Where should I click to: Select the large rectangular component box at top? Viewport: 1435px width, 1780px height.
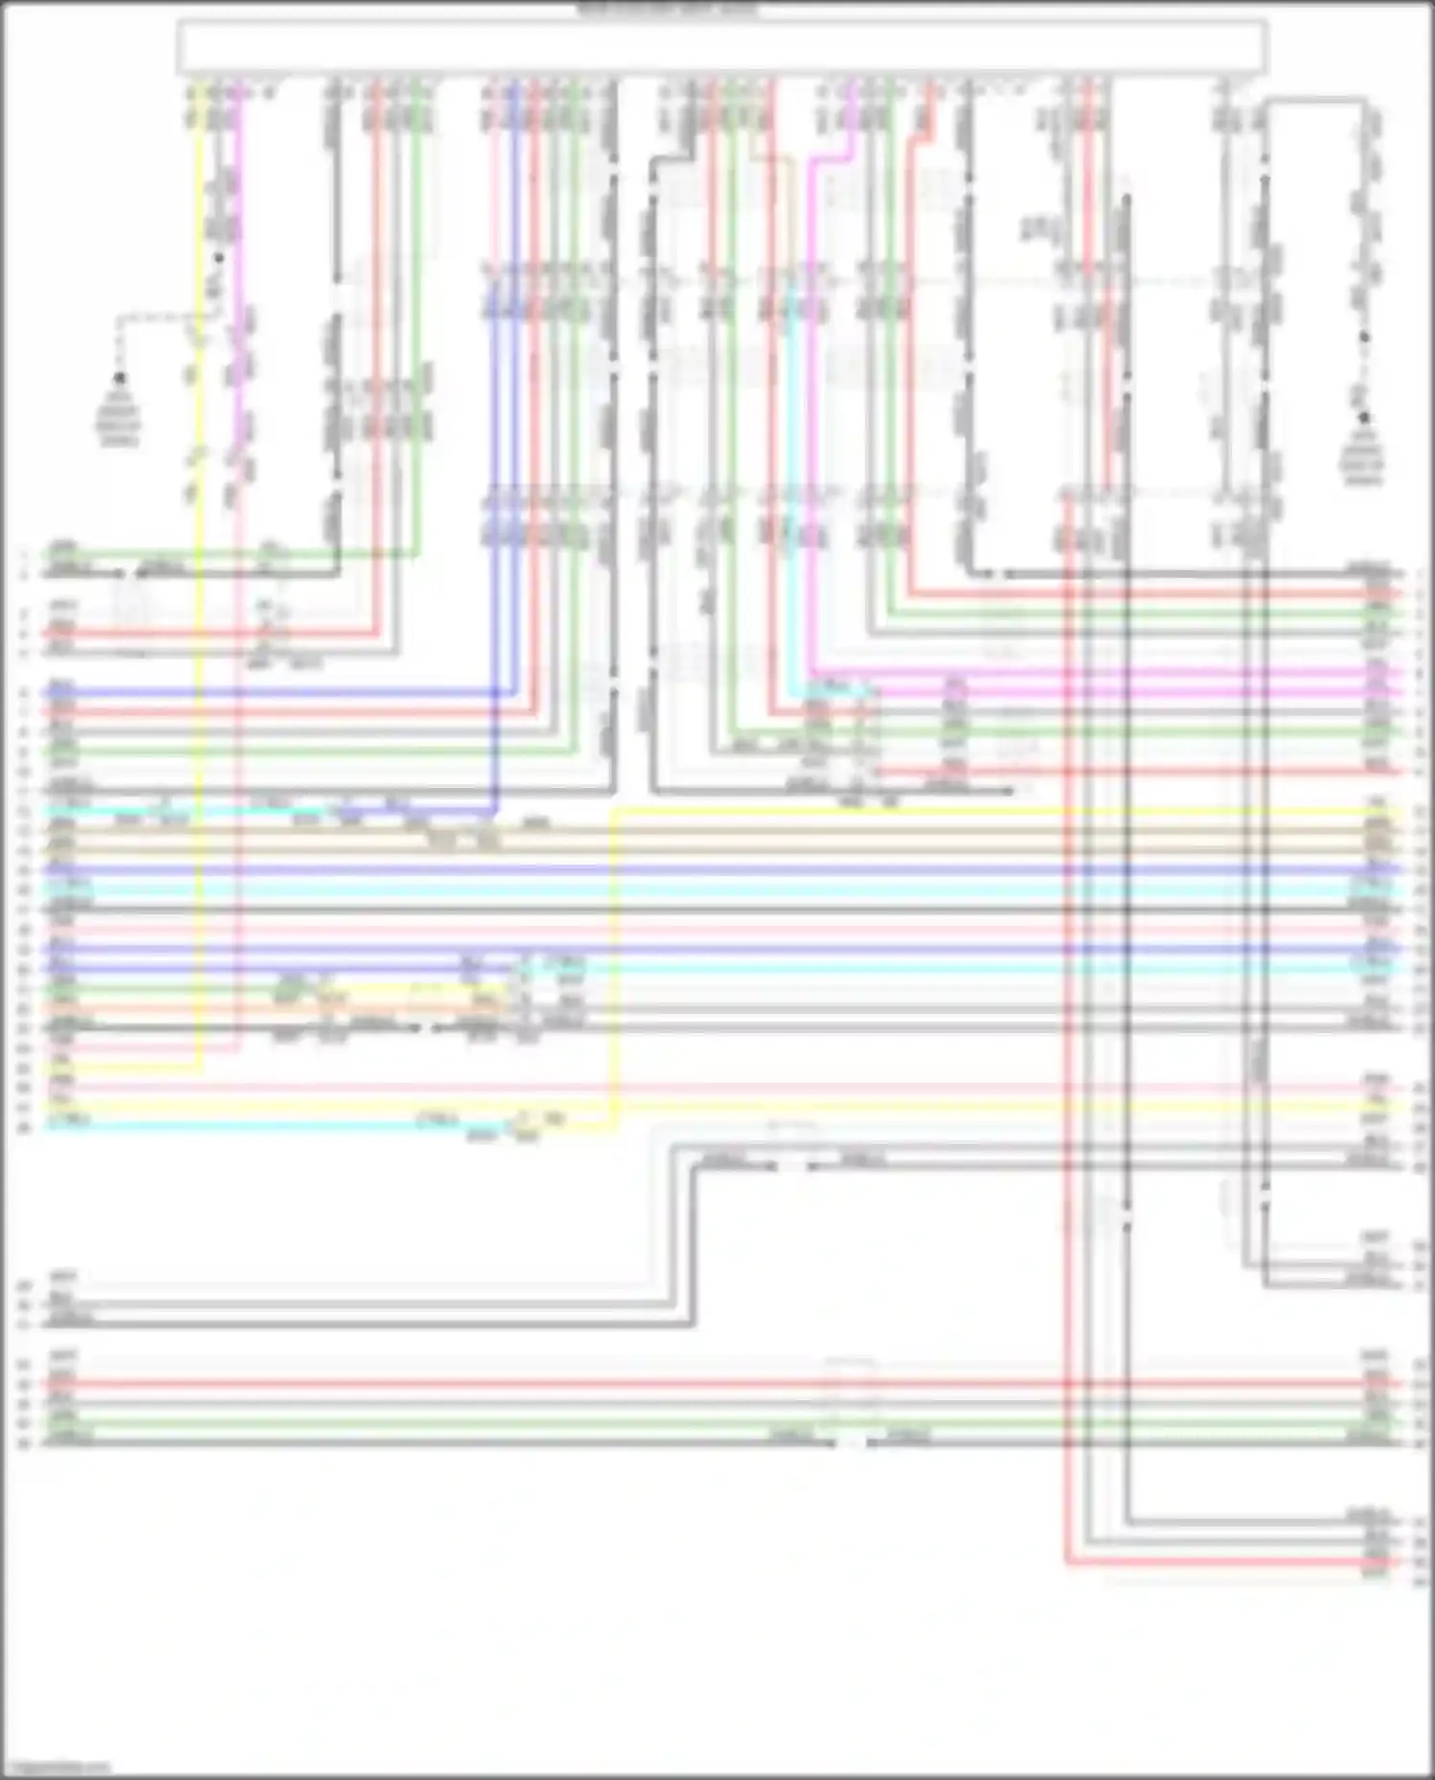pyautogui.click(x=722, y=47)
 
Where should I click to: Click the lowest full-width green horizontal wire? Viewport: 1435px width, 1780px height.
pyautogui.click(x=670, y=1423)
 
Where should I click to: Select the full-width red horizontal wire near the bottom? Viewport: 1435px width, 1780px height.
pyautogui.click(x=670, y=1383)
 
